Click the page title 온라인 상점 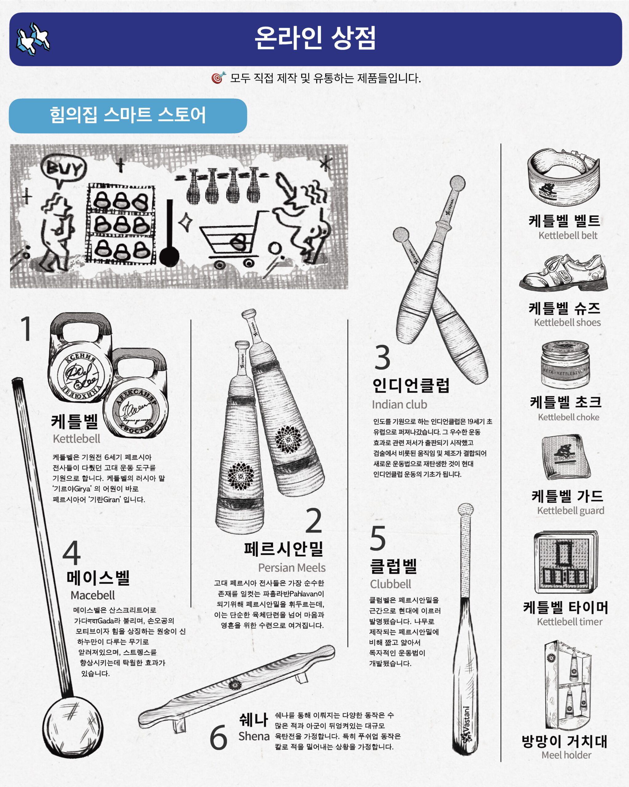coord(315,38)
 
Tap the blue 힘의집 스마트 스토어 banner coord(128,115)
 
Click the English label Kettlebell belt coord(568,235)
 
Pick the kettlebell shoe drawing coord(564,272)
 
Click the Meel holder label coord(566,755)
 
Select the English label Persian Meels coord(292,568)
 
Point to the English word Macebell coord(93,595)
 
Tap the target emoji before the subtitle coord(218,77)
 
